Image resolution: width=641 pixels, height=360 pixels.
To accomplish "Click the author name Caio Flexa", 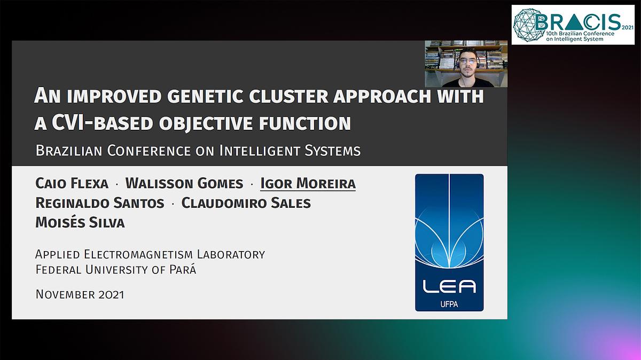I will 72,184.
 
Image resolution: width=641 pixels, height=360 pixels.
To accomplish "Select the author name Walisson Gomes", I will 184,184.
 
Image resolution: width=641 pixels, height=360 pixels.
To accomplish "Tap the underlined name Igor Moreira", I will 308,184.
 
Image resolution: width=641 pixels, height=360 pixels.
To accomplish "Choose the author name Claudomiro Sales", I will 246,203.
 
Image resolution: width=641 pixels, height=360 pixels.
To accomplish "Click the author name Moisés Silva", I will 80,223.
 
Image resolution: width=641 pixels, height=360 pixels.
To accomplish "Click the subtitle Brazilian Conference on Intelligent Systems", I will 198,151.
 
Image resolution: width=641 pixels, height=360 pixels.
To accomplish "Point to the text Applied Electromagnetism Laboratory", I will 150,254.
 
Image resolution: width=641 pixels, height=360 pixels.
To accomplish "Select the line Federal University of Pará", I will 116,270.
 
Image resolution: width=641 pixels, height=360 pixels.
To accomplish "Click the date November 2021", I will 80,294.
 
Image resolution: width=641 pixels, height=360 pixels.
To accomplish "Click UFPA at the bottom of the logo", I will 449,303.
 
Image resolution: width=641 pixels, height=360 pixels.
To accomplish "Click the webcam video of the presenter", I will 466,64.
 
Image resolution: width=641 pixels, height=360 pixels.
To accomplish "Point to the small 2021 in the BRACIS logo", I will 627,25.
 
